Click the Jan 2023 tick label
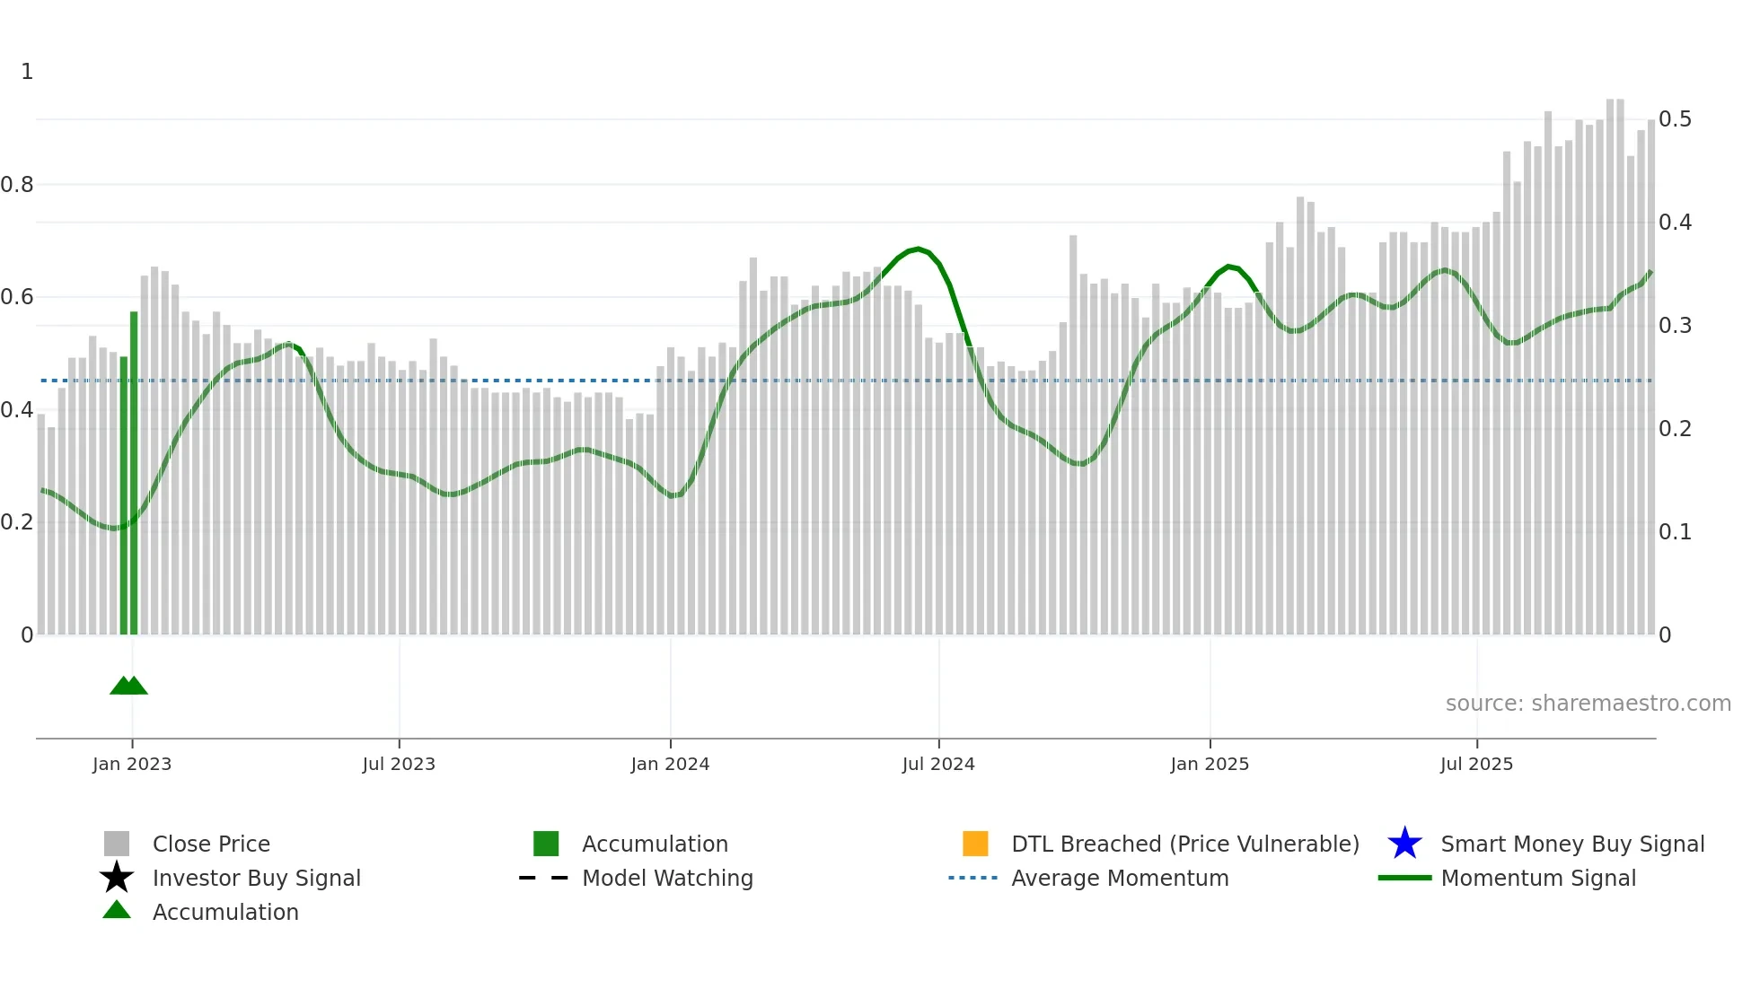(131, 764)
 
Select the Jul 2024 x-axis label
(937, 764)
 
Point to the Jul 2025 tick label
(1476, 764)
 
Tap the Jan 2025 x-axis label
(1209, 764)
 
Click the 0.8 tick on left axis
(17, 185)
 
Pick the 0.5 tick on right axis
(1675, 119)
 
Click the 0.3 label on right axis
(1675, 326)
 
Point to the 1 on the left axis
(27, 72)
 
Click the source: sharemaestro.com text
(1588, 704)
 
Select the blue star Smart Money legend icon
(1404, 844)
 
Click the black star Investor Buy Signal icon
(117, 878)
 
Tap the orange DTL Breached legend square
(974, 844)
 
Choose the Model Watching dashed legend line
(544, 878)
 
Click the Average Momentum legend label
(1119, 878)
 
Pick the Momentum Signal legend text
(1537, 878)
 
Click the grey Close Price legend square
(117, 844)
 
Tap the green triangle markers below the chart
(128, 686)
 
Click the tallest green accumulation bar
(134, 473)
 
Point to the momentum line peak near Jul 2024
(917, 249)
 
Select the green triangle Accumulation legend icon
(117, 910)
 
